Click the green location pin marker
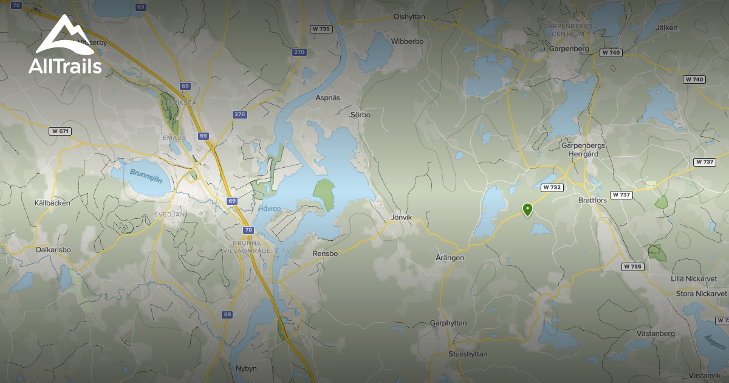(528, 210)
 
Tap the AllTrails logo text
(65, 66)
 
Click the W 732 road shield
(551, 188)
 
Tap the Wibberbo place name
(407, 41)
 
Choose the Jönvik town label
(402, 217)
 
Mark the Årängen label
(450, 258)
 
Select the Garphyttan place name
(448, 323)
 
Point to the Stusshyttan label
(467, 354)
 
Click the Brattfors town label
(592, 199)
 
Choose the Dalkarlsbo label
(53, 249)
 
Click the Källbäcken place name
(52, 203)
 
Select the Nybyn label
(247, 368)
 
